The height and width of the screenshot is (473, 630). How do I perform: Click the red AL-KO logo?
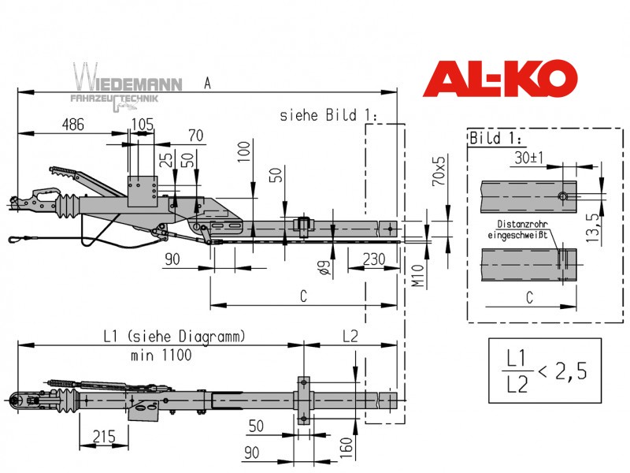(500, 78)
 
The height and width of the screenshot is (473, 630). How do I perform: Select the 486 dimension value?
(72, 125)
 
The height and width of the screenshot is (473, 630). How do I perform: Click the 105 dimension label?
(143, 125)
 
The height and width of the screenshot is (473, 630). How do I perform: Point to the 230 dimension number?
(374, 259)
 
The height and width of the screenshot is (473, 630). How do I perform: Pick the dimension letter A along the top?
(207, 84)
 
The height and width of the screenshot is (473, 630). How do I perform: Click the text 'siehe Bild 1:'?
(328, 115)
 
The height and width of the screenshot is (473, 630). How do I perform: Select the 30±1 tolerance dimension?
(528, 157)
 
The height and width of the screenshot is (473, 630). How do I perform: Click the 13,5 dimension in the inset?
(592, 228)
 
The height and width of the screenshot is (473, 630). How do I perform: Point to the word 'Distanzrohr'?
(522, 224)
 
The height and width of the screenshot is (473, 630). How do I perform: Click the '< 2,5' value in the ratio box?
(562, 371)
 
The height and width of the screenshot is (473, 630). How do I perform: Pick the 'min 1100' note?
(161, 356)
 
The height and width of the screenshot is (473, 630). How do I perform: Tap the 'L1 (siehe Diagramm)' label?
(174, 337)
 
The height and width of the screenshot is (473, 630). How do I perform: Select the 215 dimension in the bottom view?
(104, 437)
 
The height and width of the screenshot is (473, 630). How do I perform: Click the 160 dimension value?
(346, 448)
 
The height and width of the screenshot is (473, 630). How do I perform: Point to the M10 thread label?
(418, 275)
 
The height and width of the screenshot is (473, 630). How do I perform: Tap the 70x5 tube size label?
(439, 171)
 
